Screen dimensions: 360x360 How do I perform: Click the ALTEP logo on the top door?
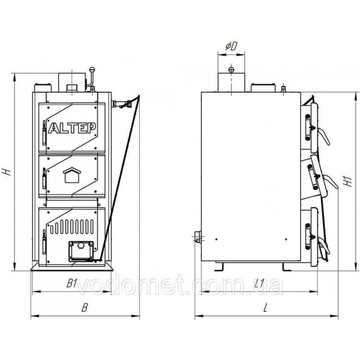72,128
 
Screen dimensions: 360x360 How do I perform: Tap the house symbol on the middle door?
72,175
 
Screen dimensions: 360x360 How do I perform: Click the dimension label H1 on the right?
349,182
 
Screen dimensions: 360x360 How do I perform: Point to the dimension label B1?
72,284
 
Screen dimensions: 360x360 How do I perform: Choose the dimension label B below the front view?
84,307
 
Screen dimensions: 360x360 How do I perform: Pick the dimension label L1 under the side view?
260,284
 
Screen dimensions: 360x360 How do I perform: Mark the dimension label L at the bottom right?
265,307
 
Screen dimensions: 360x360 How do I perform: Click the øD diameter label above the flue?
231,47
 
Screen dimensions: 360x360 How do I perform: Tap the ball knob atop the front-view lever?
92,69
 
